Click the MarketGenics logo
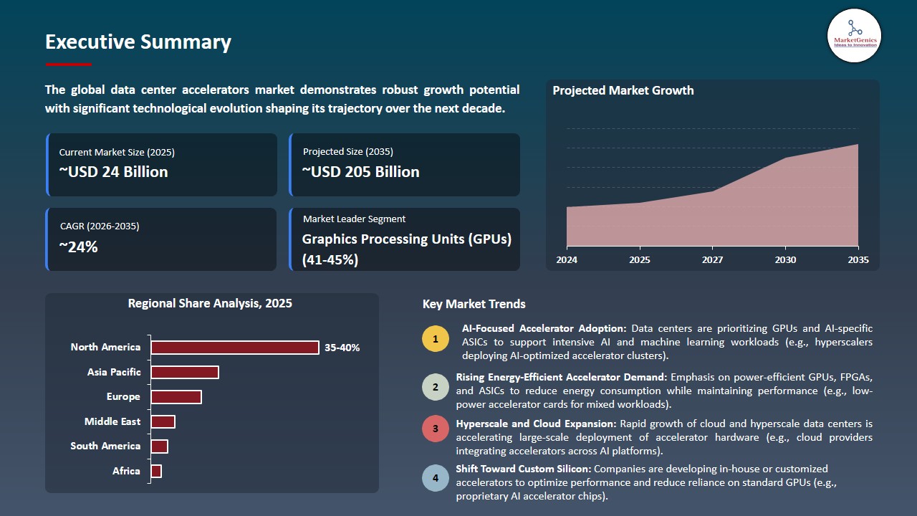point(854,35)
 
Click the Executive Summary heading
point(138,42)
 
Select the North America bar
point(235,348)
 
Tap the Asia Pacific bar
point(185,373)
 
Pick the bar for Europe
point(176,397)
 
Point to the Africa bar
point(156,471)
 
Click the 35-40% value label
point(342,348)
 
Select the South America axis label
point(105,446)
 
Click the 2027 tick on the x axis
point(712,259)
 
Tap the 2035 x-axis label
point(858,259)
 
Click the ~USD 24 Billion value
point(113,172)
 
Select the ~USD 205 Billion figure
point(360,172)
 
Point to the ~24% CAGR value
point(78,247)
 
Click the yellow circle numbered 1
point(435,338)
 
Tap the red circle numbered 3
point(435,429)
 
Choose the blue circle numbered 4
point(435,478)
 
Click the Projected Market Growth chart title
point(623,90)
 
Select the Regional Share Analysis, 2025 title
point(210,303)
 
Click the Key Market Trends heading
point(474,304)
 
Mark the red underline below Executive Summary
point(68,64)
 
